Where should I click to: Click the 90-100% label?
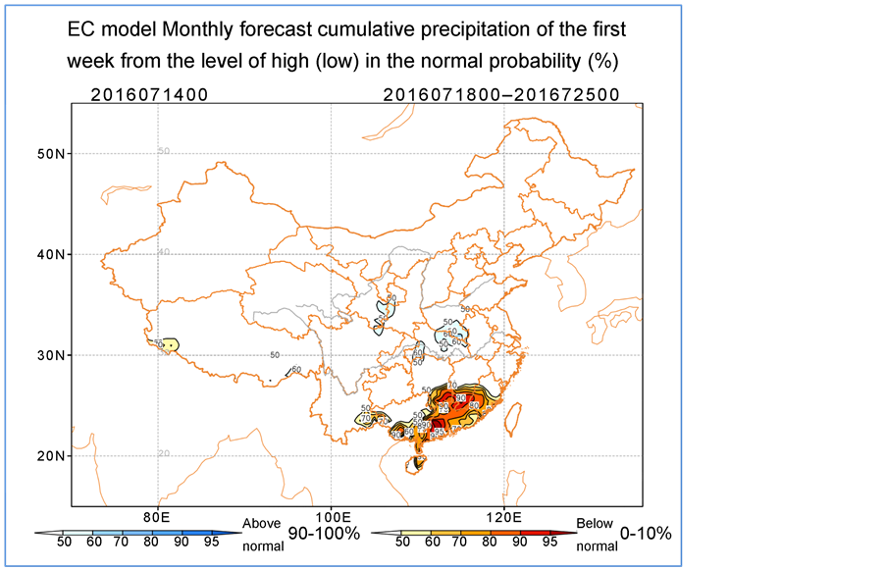324,534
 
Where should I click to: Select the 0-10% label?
646,534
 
